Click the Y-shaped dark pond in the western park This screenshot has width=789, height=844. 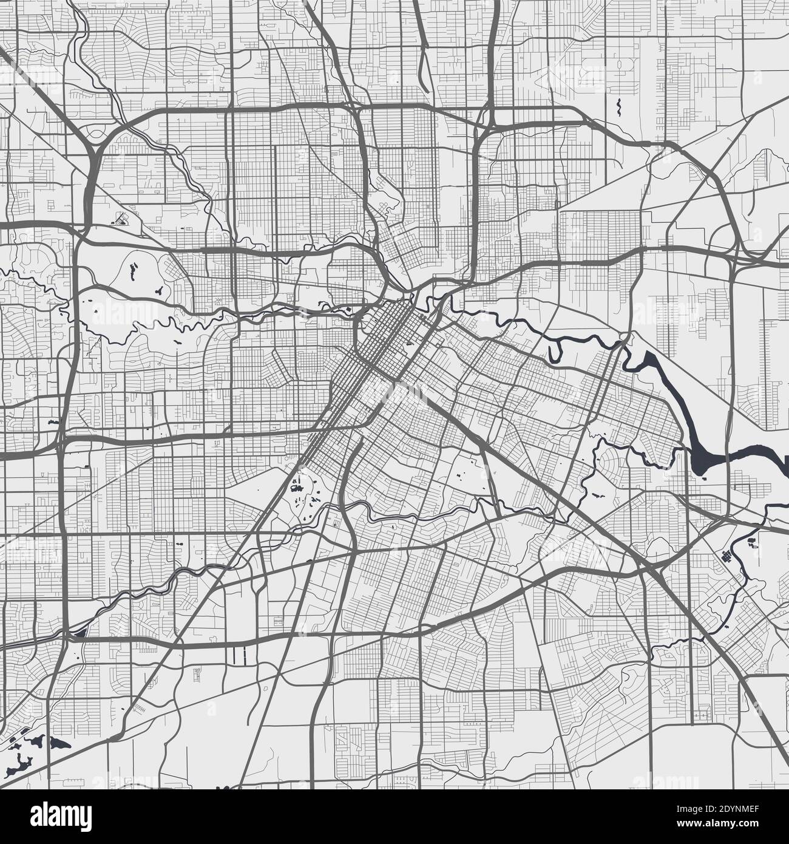point(159,291)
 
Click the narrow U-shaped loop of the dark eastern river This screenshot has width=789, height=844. point(555,350)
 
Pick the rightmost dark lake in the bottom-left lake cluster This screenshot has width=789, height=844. point(61,743)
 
